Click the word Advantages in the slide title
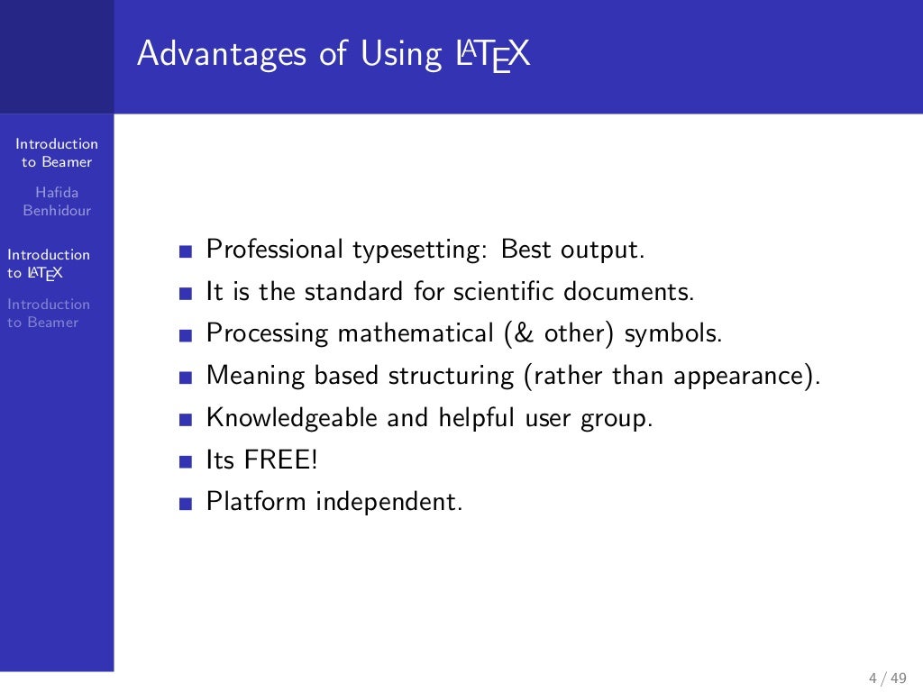(x=222, y=55)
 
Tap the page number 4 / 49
(x=887, y=678)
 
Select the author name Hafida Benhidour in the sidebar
(x=57, y=202)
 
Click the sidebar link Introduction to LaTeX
(x=49, y=263)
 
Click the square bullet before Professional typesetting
(x=186, y=252)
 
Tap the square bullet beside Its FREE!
(x=186, y=462)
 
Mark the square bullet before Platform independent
(x=186, y=505)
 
